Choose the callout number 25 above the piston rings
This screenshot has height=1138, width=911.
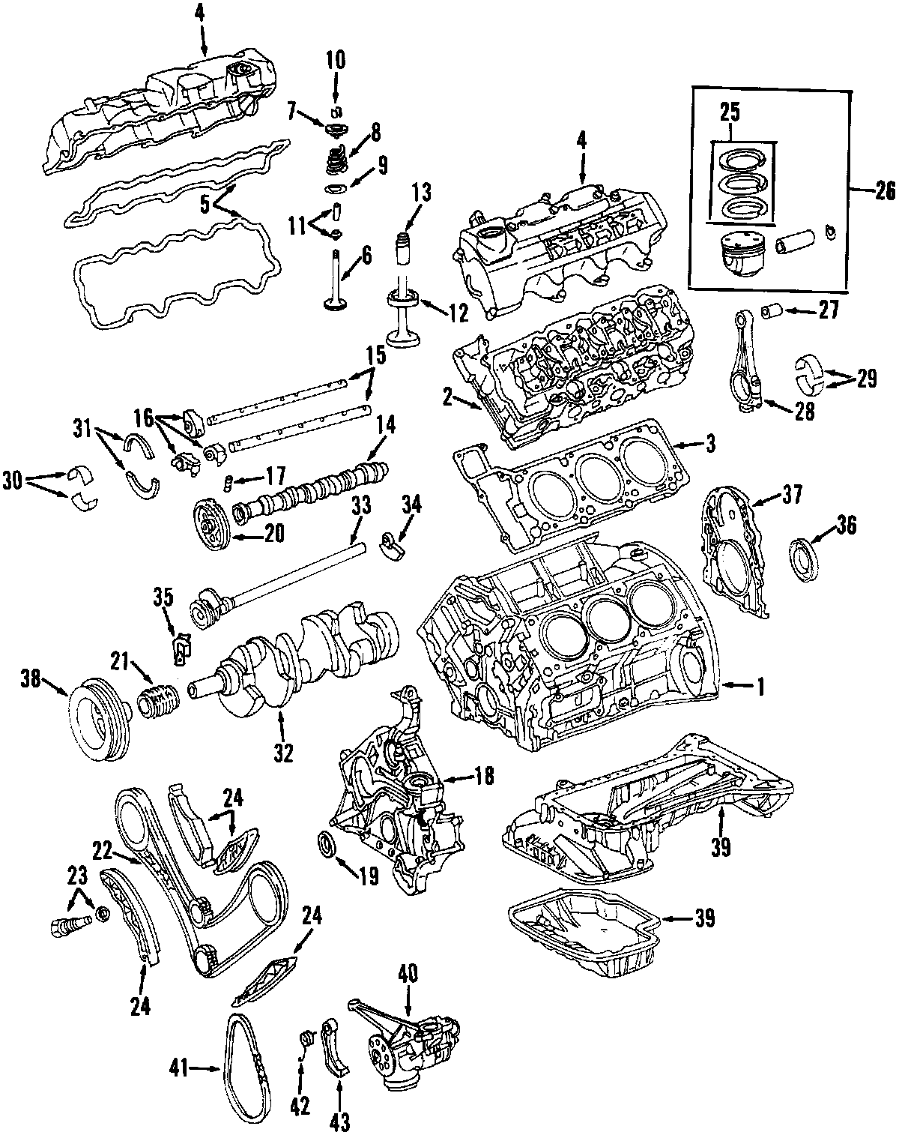point(730,114)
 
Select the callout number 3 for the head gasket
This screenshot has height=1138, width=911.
point(709,444)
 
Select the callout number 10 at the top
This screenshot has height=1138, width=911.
point(335,60)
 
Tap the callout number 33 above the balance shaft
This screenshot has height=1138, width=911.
point(361,508)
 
